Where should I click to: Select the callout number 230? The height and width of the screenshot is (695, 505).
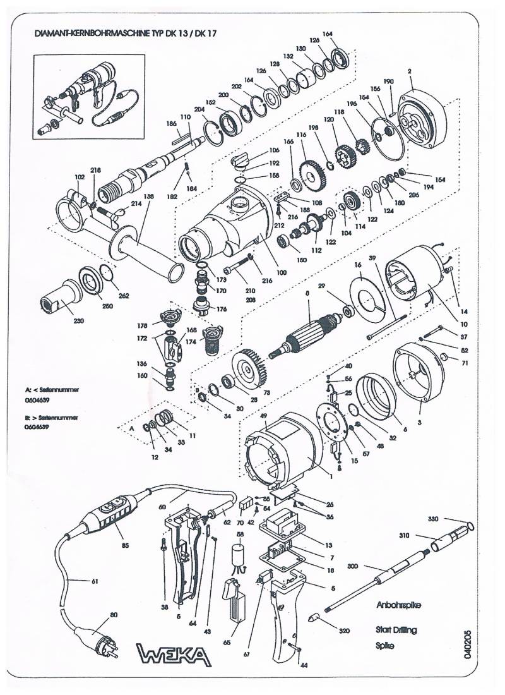[x=61, y=321]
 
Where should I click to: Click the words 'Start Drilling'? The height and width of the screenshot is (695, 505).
[x=396, y=630]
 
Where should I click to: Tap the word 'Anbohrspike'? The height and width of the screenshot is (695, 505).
[x=398, y=605]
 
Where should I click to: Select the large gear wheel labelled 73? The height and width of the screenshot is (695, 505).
[x=249, y=369]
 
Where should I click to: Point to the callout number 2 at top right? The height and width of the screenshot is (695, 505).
[x=410, y=71]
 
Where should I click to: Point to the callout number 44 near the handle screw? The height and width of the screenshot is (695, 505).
[x=304, y=665]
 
